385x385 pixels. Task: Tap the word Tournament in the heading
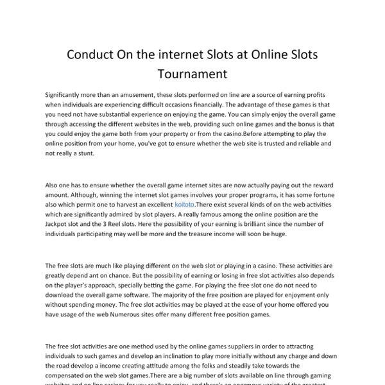point(193,73)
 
